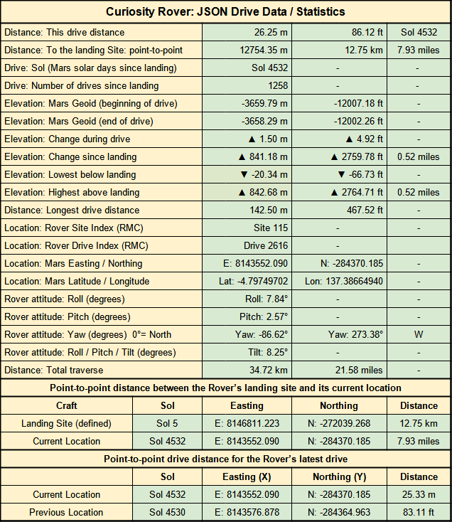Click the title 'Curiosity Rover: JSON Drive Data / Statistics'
[225, 11]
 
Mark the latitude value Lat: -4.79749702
[247, 282]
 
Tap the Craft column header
[67, 406]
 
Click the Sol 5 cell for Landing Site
[168, 424]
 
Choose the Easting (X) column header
[247, 477]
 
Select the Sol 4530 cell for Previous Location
[168, 513]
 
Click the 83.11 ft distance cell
[419, 513]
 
